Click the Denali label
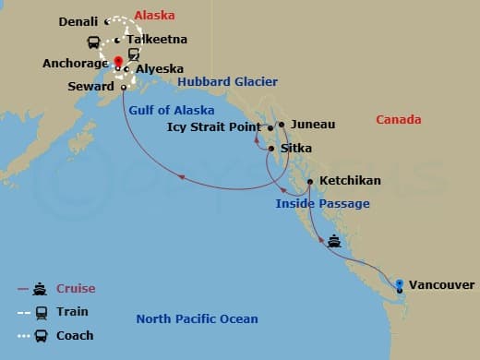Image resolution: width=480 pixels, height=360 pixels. (x=78, y=20)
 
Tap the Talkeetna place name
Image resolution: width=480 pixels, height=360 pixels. (x=158, y=40)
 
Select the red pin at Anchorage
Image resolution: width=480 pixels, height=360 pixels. (x=118, y=63)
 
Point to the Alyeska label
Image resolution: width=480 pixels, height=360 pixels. (x=160, y=69)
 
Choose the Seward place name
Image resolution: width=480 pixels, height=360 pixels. (x=90, y=87)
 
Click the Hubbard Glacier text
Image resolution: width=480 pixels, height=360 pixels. (x=227, y=81)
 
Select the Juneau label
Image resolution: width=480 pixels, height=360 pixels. (x=312, y=124)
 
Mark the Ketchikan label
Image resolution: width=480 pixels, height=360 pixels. (x=349, y=181)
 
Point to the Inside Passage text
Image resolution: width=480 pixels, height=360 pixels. (x=322, y=203)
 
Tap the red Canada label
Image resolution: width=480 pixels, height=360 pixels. (x=399, y=120)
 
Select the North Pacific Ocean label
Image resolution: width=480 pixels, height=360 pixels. (x=197, y=319)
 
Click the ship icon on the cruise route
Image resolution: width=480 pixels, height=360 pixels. (x=335, y=243)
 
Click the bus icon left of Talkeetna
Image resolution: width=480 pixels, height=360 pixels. (x=93, y=42)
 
